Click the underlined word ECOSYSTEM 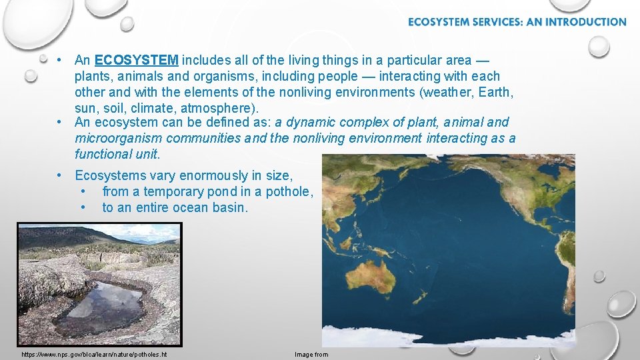click(137, 60)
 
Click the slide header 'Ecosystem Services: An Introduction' click(517, 22)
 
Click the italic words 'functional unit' click(117, 154)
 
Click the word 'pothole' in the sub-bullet click(289, 191)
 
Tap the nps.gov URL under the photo click(94, 354)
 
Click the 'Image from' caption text click(311, 354)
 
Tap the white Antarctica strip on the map click(447, 337)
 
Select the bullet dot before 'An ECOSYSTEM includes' click(60, 60)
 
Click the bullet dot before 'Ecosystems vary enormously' click(60, 175)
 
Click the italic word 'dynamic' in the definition click(311, 122)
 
